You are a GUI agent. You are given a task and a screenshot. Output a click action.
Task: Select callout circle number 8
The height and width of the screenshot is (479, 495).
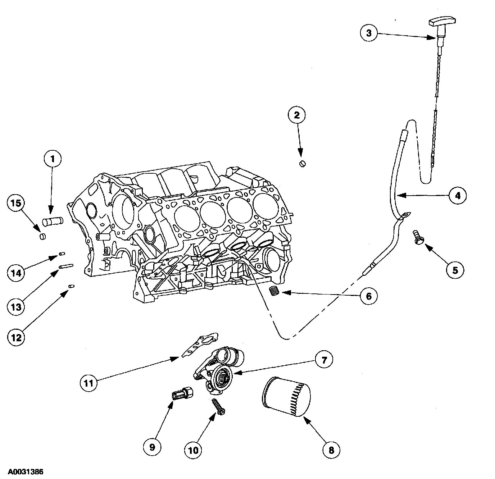(331, 450)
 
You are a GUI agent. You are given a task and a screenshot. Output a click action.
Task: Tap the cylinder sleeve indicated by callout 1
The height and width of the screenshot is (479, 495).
(53, 221)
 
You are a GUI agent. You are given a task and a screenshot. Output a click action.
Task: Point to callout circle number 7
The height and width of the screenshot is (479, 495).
(324, 360)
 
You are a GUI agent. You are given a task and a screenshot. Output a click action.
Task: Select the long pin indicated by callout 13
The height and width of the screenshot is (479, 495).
(66, 266)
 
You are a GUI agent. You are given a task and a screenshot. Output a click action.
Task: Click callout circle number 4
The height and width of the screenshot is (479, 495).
(457, 195)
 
